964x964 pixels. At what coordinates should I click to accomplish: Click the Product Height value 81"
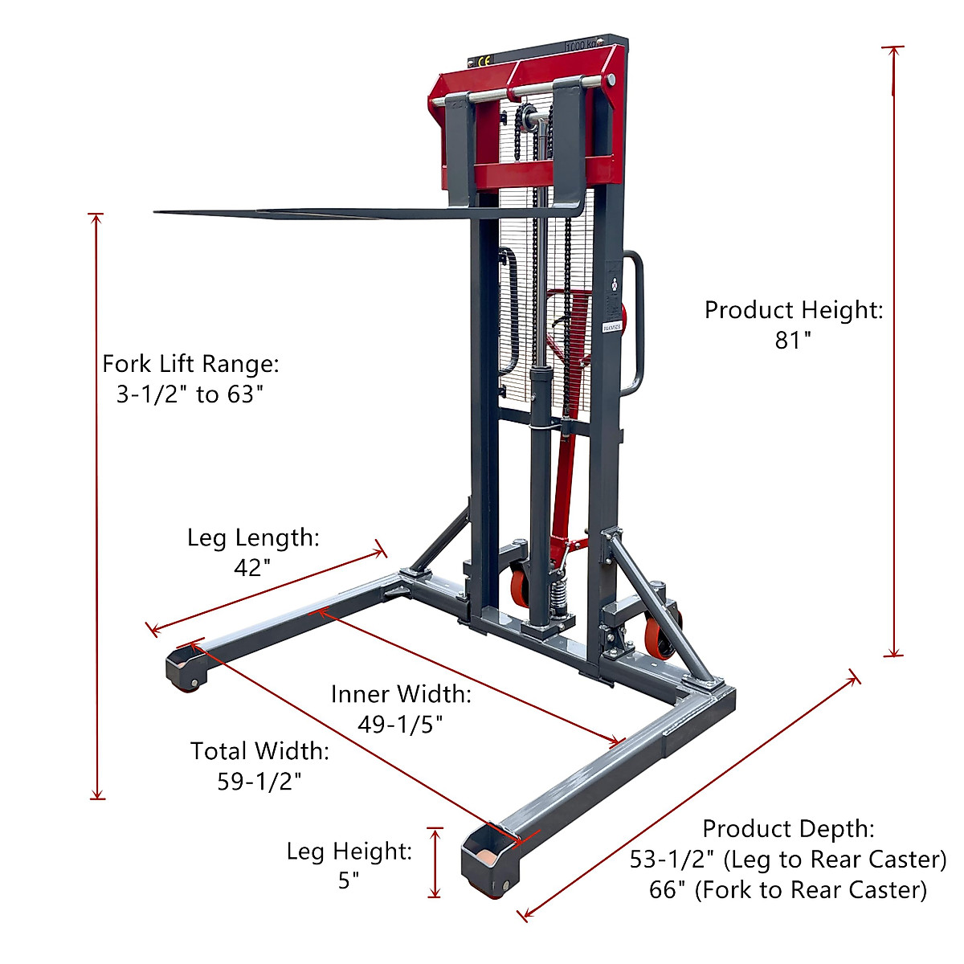[792, 341]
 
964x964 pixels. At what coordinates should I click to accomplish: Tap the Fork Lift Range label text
[190, 364]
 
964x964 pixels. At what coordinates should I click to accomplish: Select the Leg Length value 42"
[251, 568]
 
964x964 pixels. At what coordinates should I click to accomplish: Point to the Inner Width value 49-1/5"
[400, 724]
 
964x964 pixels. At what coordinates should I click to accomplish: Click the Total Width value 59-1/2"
[259, 781]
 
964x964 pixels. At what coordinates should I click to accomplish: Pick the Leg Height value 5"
[349, 880]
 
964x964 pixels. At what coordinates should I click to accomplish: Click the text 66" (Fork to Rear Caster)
[787, 890]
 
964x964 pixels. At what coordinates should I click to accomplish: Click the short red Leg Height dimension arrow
[435, 862]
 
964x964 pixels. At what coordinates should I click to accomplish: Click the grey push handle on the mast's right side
[635, 321]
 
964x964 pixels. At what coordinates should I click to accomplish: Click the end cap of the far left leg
[185, 667]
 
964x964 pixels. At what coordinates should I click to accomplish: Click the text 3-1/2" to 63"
[190, 394]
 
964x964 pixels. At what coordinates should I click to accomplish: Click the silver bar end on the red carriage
[611, 80]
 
